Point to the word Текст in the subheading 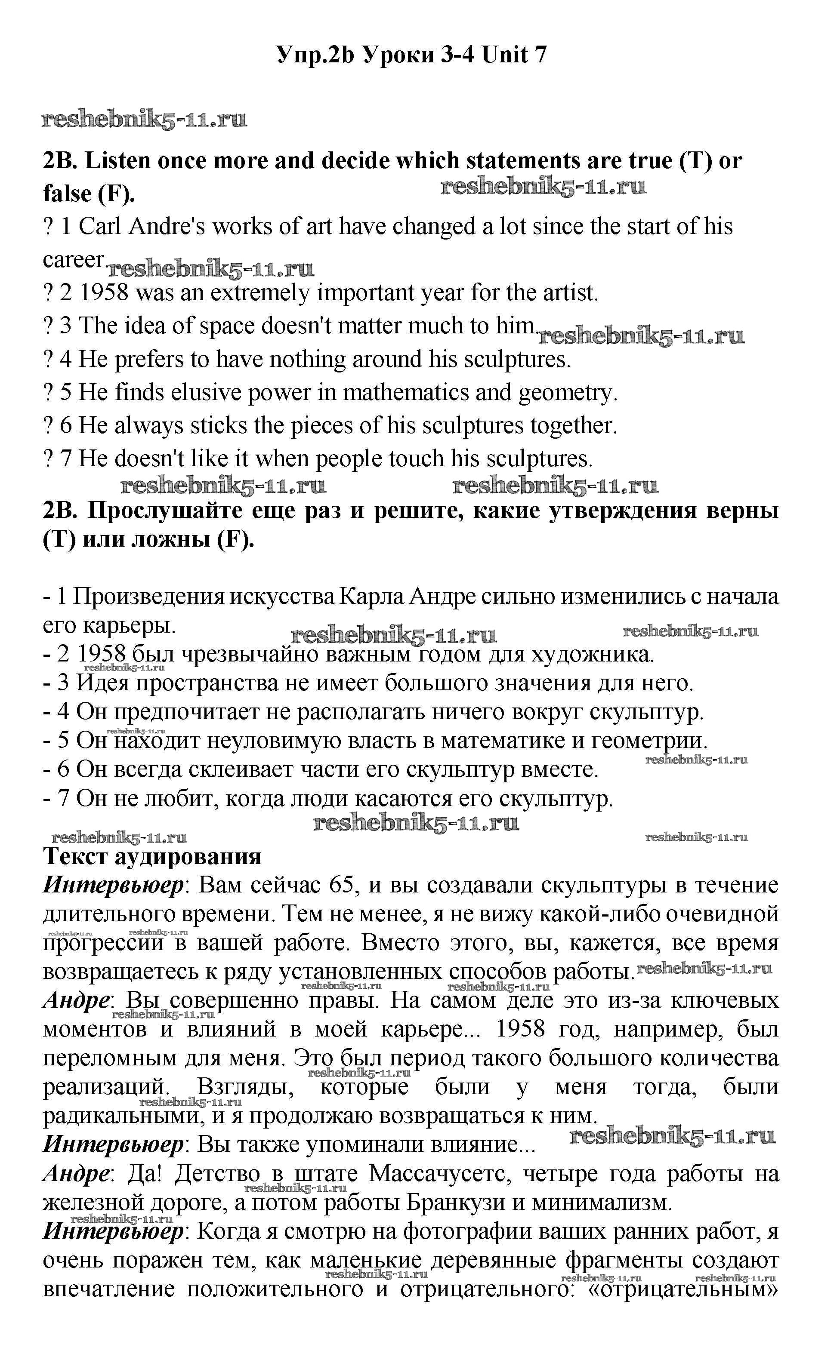click(x=76, y=856)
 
